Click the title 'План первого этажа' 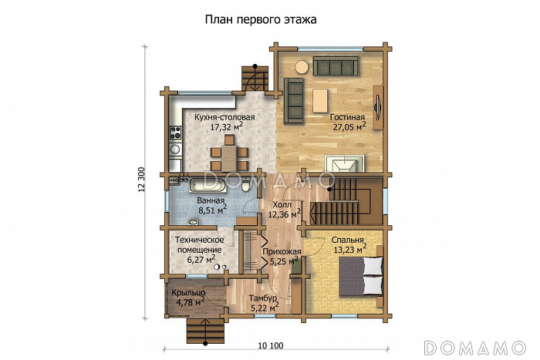click(262, 19)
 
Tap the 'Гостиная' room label click(346, 118)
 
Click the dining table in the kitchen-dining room click(229, 153)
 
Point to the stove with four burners click(174, 133)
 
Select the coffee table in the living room click(320, 98)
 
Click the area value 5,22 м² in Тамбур click(264, 308)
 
